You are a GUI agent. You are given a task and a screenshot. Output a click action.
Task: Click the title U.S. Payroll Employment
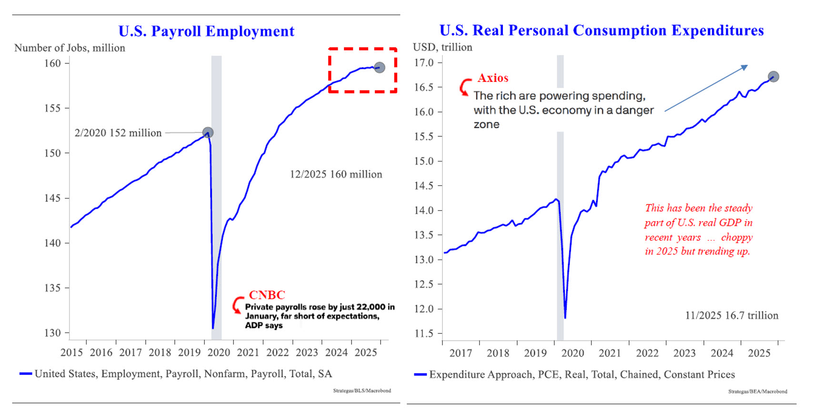point(206,31)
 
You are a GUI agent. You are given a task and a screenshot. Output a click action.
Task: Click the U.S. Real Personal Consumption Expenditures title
point(601,30)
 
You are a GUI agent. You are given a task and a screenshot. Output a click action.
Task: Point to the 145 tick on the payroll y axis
point(52,198)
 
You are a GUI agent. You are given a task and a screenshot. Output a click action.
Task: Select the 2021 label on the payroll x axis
point(248,353)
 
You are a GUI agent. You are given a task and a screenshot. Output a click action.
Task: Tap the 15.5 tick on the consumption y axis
point(424,137)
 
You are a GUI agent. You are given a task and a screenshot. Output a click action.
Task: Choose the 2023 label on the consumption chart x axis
point(684,353)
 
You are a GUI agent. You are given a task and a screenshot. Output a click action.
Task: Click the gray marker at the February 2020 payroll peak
point(208,132)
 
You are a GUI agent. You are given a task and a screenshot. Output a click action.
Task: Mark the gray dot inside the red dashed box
point(379,67)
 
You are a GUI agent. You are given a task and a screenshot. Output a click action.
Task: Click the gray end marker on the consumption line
point(773,76)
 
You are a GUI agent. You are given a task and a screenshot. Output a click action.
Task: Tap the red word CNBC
point(267,295)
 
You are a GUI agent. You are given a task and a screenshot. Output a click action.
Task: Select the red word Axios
point(493,78)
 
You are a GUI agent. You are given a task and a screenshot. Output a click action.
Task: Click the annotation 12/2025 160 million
point(336,174)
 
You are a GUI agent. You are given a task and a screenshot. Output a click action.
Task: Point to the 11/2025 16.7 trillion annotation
point(732,315)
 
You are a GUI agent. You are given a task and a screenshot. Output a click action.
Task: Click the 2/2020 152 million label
point(118,133)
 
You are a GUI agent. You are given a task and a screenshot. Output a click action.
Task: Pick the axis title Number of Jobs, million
point(70,48)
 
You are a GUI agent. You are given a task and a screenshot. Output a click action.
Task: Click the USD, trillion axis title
point(442,47)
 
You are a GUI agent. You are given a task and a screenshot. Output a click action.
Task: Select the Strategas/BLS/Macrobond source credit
point(362,391)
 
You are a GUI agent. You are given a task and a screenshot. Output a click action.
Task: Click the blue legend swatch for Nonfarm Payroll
point(26,374)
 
